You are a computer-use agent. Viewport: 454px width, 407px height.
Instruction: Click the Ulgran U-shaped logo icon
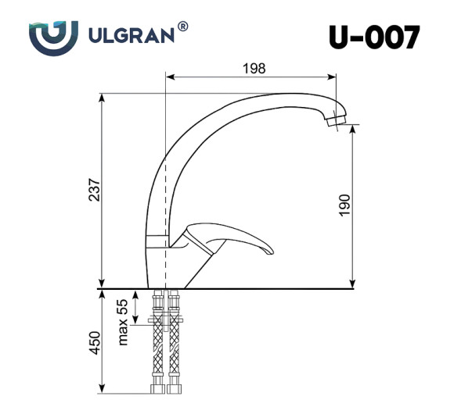(53, 36)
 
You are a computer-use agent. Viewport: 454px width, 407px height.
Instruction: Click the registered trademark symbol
(182, 26)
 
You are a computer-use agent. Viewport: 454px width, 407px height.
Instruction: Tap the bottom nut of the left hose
(157, 388)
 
